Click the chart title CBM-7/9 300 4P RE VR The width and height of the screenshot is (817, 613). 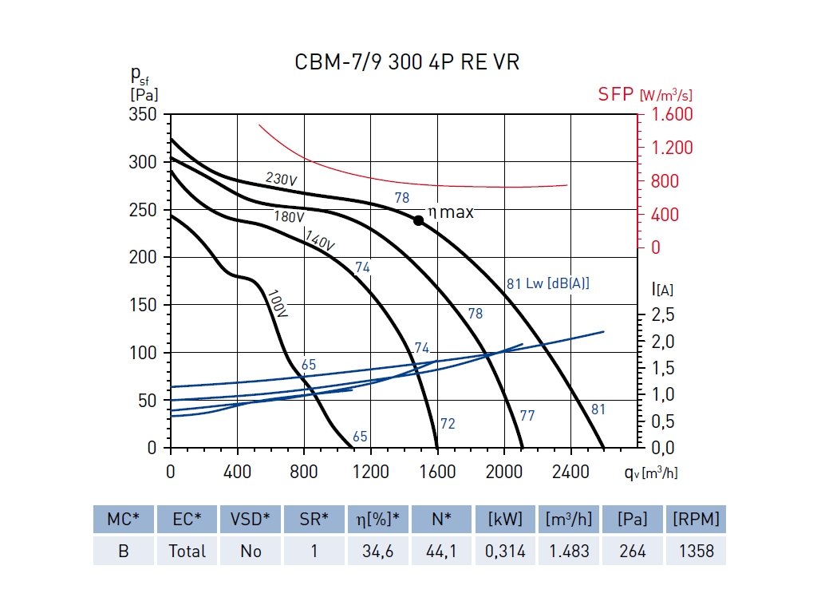407,62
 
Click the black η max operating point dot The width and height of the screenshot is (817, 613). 418,220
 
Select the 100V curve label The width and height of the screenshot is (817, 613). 278,304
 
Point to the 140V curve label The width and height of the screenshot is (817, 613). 319,239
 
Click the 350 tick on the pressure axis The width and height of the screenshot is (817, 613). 143,115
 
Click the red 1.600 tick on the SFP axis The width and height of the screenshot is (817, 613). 673,115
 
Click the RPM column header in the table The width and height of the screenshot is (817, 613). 696,520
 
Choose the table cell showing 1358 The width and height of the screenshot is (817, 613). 696,551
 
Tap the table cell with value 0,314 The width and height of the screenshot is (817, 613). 505,551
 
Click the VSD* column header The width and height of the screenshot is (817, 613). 250,520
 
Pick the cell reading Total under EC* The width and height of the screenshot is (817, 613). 187,551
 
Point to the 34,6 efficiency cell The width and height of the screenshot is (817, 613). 377,551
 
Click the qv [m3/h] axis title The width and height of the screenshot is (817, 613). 651,472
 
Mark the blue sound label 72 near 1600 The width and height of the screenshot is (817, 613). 448,424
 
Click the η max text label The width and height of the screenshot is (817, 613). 451,212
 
